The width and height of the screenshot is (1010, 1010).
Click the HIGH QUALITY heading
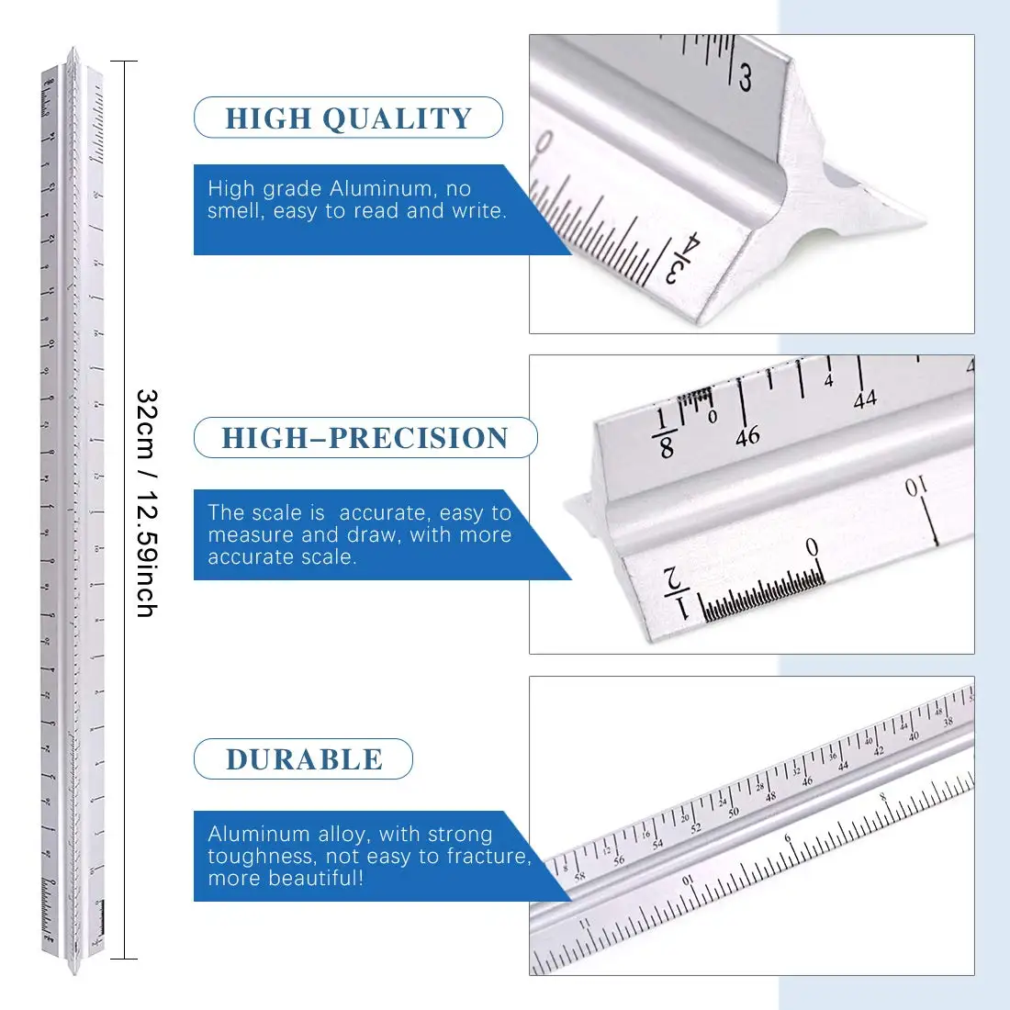tap(348, 118)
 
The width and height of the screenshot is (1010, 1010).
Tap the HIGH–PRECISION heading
tap(365, 438)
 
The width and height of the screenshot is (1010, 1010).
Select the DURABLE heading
tap(304, 759)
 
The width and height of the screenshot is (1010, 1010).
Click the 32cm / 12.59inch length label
tap(147, 502)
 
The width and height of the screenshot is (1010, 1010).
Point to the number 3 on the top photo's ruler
tap(745, 78)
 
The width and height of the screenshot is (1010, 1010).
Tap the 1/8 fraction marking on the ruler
tap(665, 434)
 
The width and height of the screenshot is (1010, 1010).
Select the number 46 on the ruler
tap(747, 435)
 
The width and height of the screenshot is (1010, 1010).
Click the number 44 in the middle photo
tap(865, 399)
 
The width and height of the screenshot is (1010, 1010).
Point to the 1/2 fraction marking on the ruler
tap(677, 592)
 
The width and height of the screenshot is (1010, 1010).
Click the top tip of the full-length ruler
tap(73, 50)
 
